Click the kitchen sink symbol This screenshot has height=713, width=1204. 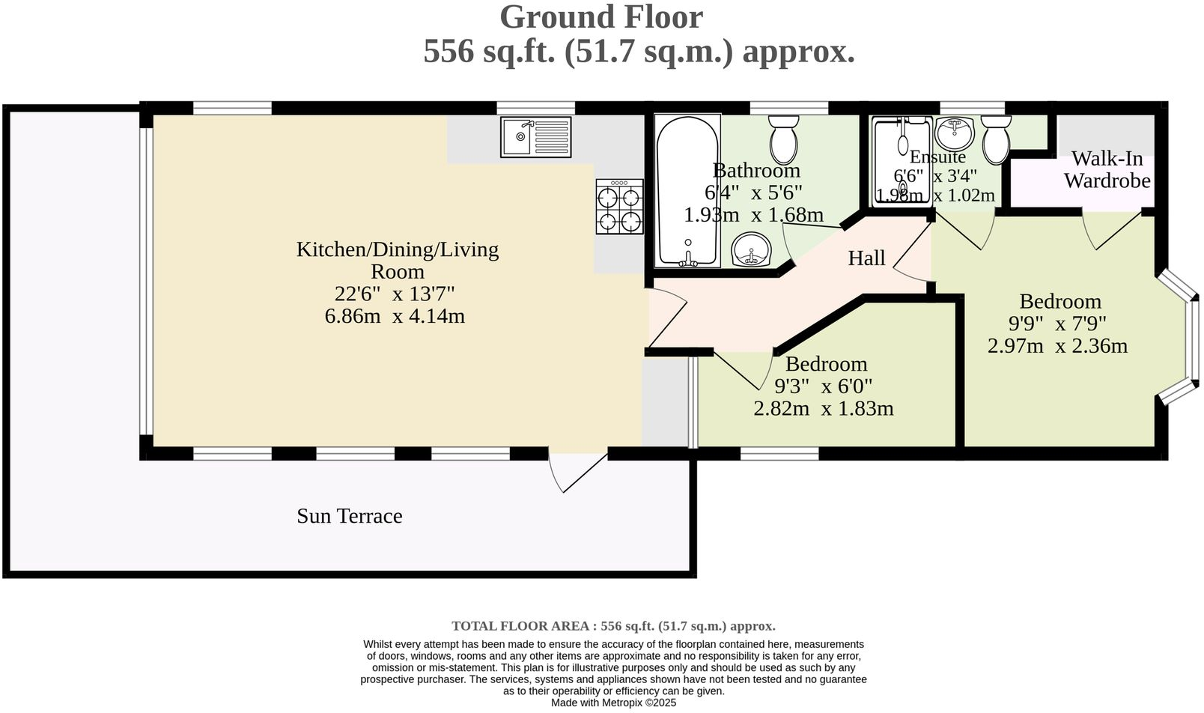tap(535, 137)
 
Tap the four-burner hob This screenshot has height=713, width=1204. tap(619, 207)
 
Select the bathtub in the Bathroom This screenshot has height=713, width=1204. tap(687, 191)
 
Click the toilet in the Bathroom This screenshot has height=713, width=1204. tap(784, 139)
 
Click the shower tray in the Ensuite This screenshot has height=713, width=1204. tap(903, 161)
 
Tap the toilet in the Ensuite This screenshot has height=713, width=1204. tap(996, 140)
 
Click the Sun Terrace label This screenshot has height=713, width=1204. tap(349, 516)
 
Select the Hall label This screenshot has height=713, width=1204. tap(866, 258)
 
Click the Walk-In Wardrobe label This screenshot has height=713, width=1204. tap(1107, 170)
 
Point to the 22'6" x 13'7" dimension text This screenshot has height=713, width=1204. tap(395, 294)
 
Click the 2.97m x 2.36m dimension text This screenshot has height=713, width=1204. tap(1057, 346)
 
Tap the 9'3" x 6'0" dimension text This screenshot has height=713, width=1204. tap(823, 386)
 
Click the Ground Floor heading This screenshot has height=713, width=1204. tap(601, 17)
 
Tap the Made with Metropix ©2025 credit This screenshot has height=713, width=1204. tap(613, 703)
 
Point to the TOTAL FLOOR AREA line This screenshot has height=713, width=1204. tap(613, 626)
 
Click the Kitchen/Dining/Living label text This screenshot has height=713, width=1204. tap(397, 249)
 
